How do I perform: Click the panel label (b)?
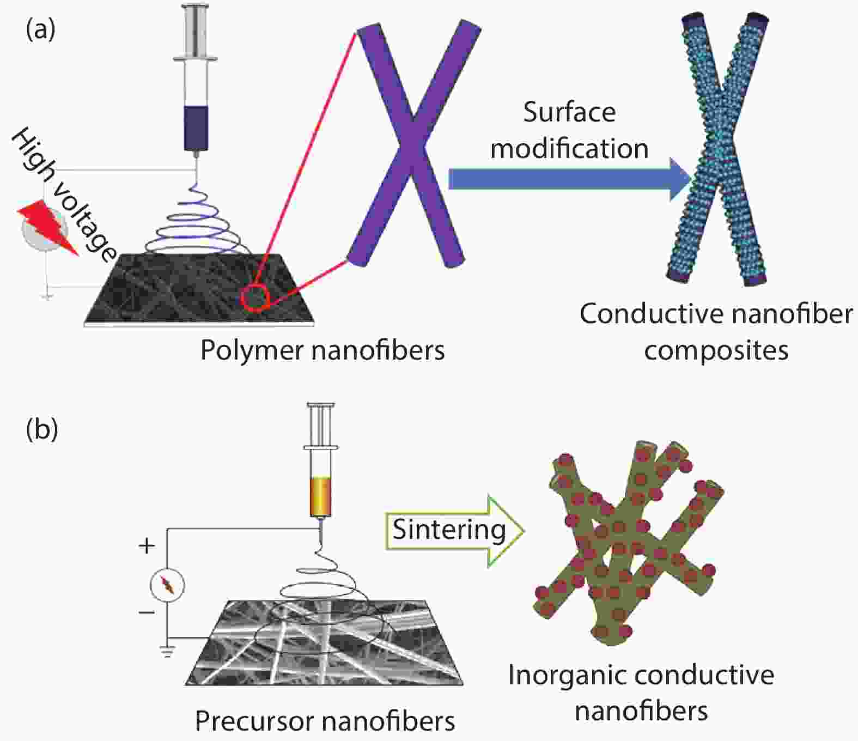42,429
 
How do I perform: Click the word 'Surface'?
569,112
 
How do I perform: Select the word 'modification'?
569,149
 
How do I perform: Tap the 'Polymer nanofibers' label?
322,350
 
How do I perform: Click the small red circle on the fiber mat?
256,297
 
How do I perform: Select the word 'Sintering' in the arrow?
449,530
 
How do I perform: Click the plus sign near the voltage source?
147,546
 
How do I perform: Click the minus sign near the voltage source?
147,612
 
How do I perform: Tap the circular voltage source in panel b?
167,586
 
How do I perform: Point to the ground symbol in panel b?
167,651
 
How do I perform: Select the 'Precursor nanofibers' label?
325,721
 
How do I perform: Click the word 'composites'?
716,350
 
